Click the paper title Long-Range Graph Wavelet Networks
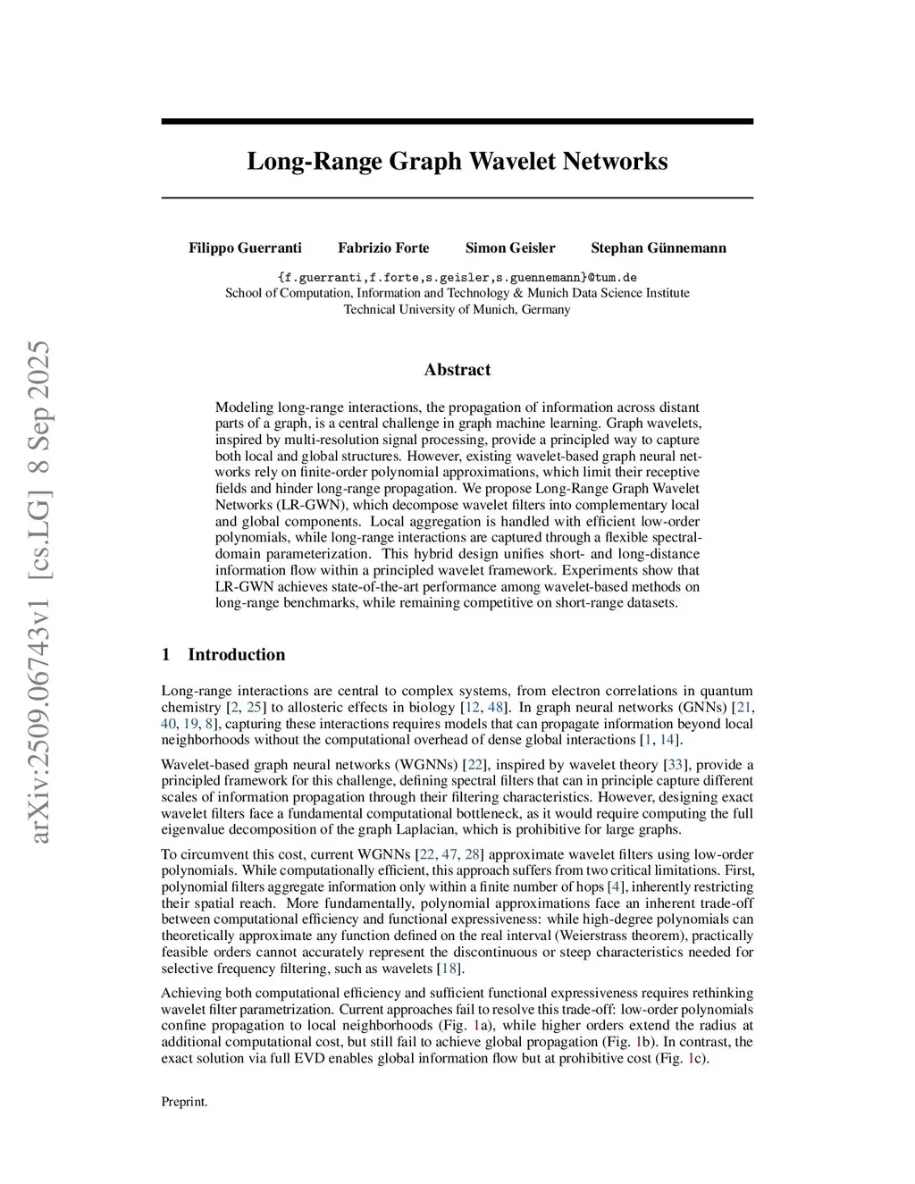[x=457, y=162]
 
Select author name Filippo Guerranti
[x=245, y=248]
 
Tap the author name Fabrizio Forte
[x=383, y=248]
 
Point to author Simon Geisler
[x=510, y=248]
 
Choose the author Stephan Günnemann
[x=659, y=248]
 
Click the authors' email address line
[x=457, y=277]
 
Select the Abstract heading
[x=457, y=370]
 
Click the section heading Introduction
[x=236, y=654]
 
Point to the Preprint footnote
[x=184, y=1102]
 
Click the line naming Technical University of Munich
[x=457, y=309]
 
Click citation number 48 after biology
[x=496, y=708]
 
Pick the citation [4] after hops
[x=616, y=886]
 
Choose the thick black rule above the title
[x=457, y=122]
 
